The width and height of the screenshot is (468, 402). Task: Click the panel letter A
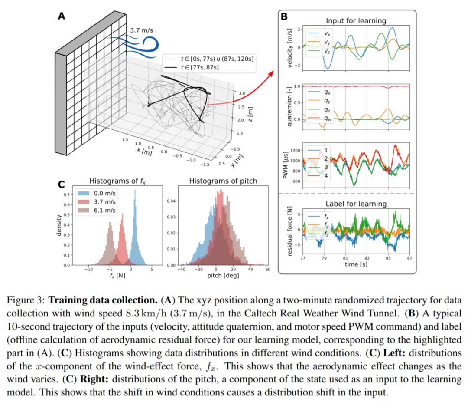click(62, 16)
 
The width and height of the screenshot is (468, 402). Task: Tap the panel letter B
click(284, 17)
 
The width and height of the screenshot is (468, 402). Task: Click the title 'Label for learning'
click(356, 204)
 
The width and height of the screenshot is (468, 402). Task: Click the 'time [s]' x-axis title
click(356, 264)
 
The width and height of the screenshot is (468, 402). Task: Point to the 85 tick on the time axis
click(388, 257)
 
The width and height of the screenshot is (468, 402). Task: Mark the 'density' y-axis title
click(59, 226)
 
